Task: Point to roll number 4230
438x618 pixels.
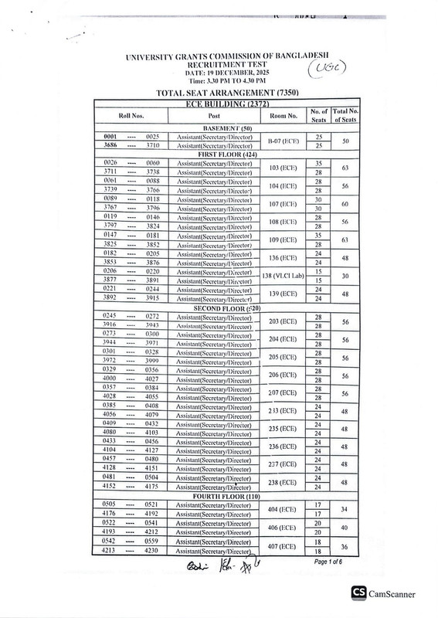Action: click(x=151, y=551)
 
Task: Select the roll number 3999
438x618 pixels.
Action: click(x=151, y=362)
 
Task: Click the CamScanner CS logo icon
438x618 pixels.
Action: click(x=358, y=593)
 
